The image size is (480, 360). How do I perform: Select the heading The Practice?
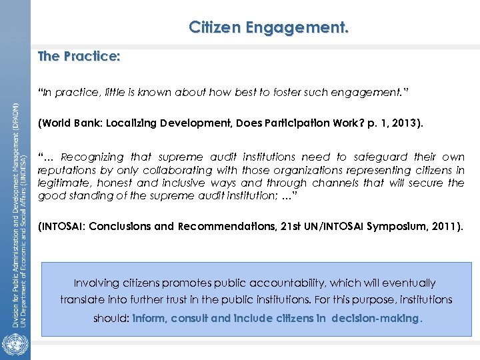pos(79,56)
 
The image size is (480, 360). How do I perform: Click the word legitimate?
pos(65,183)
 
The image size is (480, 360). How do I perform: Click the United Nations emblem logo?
pos(14,345)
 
